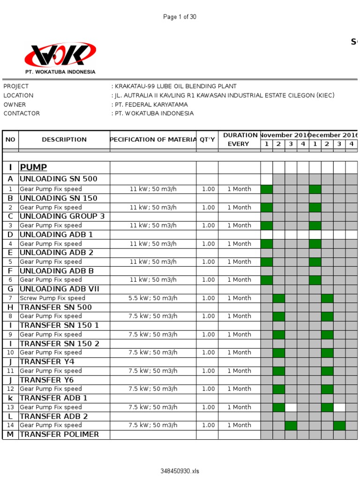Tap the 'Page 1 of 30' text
coord(180,17)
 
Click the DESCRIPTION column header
coord(64,139)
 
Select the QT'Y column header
coord(207,139)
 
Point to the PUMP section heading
coord(33,167)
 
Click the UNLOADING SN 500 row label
coord(58,179)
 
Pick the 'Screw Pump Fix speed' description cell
coord(52,298)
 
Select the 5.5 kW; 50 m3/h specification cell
coord(153,298)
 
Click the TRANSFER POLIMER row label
coord(59,435)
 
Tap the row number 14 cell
coord(10,426)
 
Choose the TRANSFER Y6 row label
coord(47,380)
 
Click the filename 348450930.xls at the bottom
coord(180,471)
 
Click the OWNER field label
coord(15,105)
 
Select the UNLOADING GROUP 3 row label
coord(62,217)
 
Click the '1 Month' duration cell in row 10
coord(239,352)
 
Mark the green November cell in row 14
coord(291,426)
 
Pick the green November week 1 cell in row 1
coord(266,189)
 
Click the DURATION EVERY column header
coord(239,139)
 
